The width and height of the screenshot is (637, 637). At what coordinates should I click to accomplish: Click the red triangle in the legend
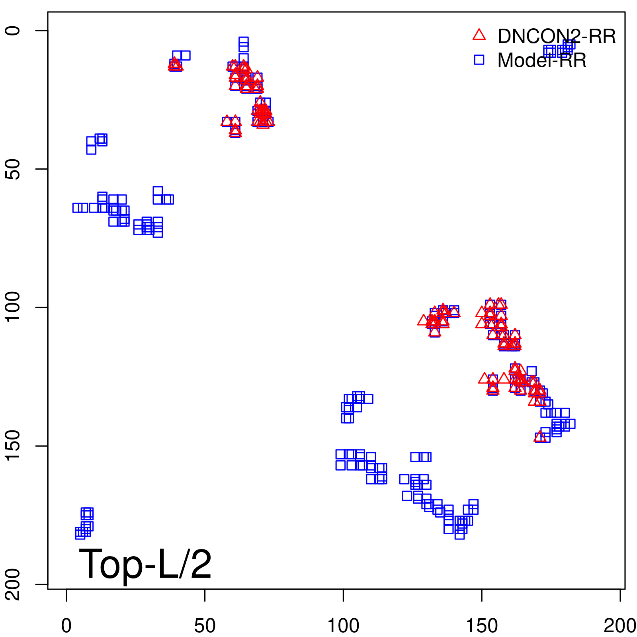click(x=479, y=35)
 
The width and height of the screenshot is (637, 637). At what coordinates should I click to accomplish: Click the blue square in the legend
click(x=479, y=60)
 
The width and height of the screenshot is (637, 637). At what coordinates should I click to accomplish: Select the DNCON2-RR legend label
click(x=557, y=37)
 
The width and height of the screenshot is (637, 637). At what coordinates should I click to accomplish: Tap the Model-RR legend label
click(x=542, y=61)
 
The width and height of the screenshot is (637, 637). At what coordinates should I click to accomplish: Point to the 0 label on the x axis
click(x=66, y=626)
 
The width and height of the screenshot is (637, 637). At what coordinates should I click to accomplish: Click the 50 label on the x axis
click(x=205, y=626)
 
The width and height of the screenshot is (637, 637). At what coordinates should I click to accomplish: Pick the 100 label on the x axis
click(x=343, y=626)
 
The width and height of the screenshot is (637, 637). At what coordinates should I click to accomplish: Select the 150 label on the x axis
click(x=482, y=626)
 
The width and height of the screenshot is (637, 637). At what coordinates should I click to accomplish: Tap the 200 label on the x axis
click(x=619, y=626)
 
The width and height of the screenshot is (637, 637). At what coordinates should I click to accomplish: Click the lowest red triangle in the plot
click(x=540, y=437)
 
